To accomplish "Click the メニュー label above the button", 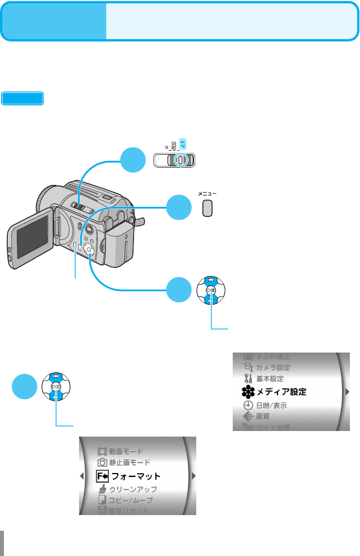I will pyautogui.click(x=207, y=193).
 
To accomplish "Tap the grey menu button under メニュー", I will pyautogui.click(x=207, y=208).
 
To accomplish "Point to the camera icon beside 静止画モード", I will pyautogui.click(x=101, y=462).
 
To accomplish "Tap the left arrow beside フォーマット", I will pyautogui.click(x=82, y=476).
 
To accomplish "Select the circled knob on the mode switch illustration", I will pyautogui.click(x=180, y=160).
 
